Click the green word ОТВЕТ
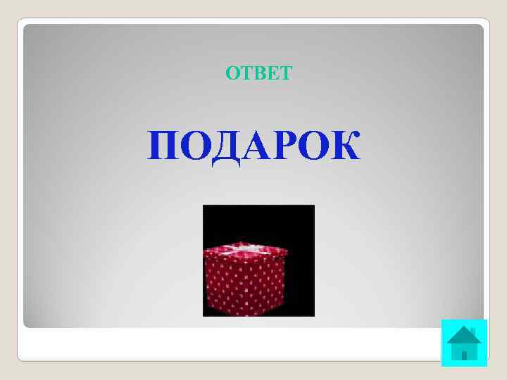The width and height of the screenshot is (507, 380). point(258,73)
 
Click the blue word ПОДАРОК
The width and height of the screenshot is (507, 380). point(254,146)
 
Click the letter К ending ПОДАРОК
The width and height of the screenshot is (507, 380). point(344,146)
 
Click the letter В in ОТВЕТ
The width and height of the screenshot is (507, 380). point(258,73)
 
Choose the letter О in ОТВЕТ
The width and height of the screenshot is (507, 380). point(233,73)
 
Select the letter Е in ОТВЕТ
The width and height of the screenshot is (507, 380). point(272,73)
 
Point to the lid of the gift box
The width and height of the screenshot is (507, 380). point(245,251)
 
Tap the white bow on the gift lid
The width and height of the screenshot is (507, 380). point(246,248)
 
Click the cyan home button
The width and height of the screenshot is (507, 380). point(464,343)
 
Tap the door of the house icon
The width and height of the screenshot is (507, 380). point(464,354)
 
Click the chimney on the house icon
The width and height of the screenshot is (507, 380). point(472,331)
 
